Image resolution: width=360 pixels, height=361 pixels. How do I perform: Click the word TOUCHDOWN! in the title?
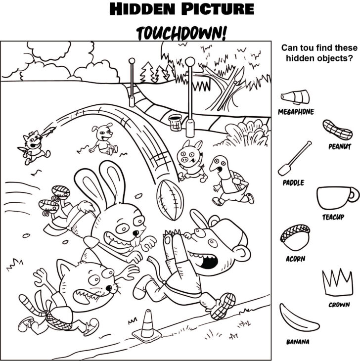[x=180, y=33]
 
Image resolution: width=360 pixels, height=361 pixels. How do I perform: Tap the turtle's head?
[x=219, y=165]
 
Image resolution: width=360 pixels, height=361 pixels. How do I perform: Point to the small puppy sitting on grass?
[x=103, y=139]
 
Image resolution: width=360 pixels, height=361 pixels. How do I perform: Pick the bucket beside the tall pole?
[x=175, y=122]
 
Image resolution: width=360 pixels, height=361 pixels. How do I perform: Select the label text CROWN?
[x=339, y=305]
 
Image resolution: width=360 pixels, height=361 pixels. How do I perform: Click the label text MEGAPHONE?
[x=296, y=112]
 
